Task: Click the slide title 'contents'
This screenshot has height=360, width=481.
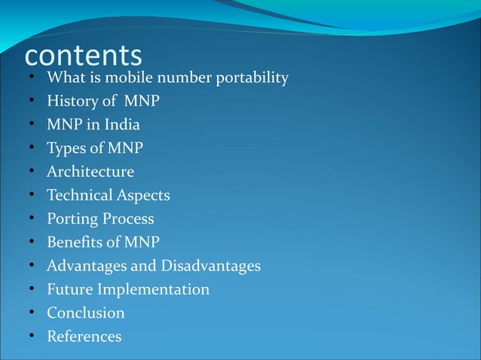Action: (x=83, y=56)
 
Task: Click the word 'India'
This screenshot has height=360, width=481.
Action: (x=121, y=125)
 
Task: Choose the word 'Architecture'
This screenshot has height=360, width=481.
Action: (x=90, y=172)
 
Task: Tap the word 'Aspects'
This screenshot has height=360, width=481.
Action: (x=144, y=196)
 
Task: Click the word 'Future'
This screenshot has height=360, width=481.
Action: (x=71, y=289)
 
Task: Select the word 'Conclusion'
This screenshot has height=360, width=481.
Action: (x=86, y=313)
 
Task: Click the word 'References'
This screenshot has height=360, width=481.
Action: (x=84, y=336)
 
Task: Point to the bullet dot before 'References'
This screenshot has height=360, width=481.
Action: (x=32, y=336)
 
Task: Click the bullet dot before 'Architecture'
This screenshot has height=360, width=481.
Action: (x=32, y=172)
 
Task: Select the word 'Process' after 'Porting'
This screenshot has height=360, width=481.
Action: (x=129, y=219)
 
